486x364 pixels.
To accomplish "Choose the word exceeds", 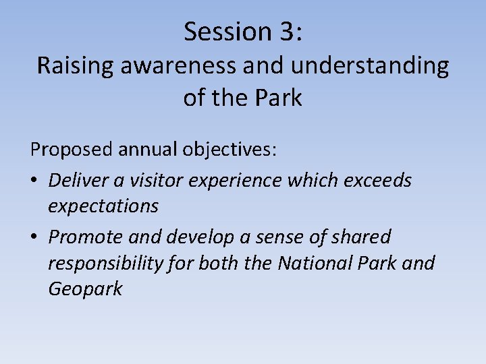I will [x=378, y=180].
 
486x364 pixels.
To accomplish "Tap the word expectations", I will [x=103, y=206].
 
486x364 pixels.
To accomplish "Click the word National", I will [x=313, y=263].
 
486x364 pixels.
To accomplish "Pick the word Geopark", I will [x=85, y=290].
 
